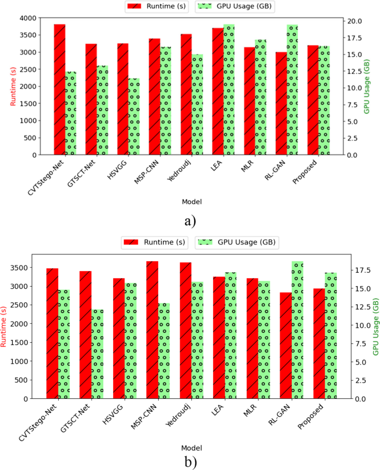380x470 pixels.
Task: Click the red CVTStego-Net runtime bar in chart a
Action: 59,89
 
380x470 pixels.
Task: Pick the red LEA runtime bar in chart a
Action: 217,91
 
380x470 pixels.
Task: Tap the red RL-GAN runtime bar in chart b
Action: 286,345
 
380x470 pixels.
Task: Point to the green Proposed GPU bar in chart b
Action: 331,336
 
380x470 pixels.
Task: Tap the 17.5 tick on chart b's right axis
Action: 361,271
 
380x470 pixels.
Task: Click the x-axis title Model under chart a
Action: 190,201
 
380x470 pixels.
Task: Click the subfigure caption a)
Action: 190,221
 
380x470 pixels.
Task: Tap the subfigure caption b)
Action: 190,461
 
